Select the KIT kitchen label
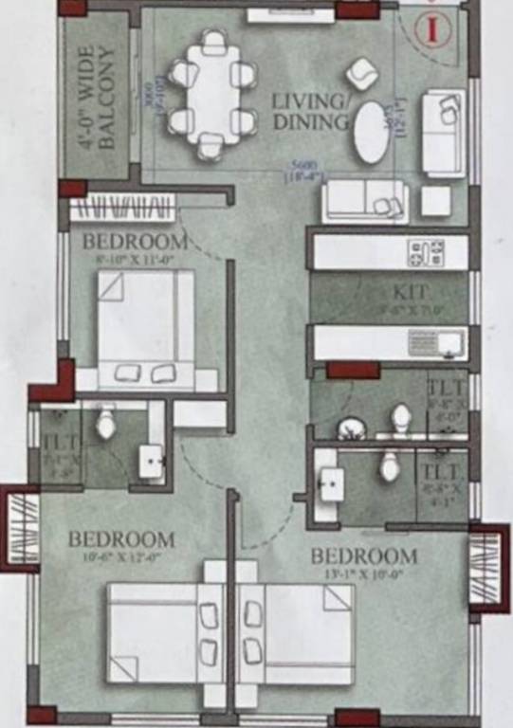click(x=412, y=292)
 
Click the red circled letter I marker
click(x=432, y=27)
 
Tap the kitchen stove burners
click(x=426, y=252)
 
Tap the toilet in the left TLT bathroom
click(x=105, y=423)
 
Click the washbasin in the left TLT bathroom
click(x=153, y=462)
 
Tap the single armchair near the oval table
click(x=361, y=73)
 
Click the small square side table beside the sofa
click(x=435, y=200)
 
